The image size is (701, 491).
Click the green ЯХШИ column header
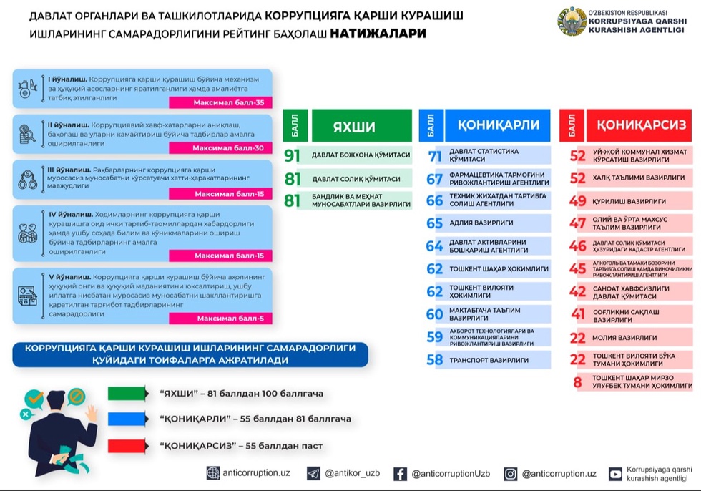click(354, 126)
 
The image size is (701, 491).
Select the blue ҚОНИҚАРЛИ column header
click(493, 125)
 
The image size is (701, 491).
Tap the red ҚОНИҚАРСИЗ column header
click(641, 125)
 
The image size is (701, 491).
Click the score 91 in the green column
click(292, 155)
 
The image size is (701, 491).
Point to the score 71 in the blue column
click(435, 157)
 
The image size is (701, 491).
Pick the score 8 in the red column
click(577, 381)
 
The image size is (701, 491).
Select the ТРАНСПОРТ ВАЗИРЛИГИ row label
click(489, 360)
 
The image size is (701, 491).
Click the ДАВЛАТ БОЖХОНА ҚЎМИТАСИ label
click(361, 155)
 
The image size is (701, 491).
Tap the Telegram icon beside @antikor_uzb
click(313, 473)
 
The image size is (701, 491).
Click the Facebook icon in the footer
click(400, 473)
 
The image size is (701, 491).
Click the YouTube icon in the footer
click(615, 473)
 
